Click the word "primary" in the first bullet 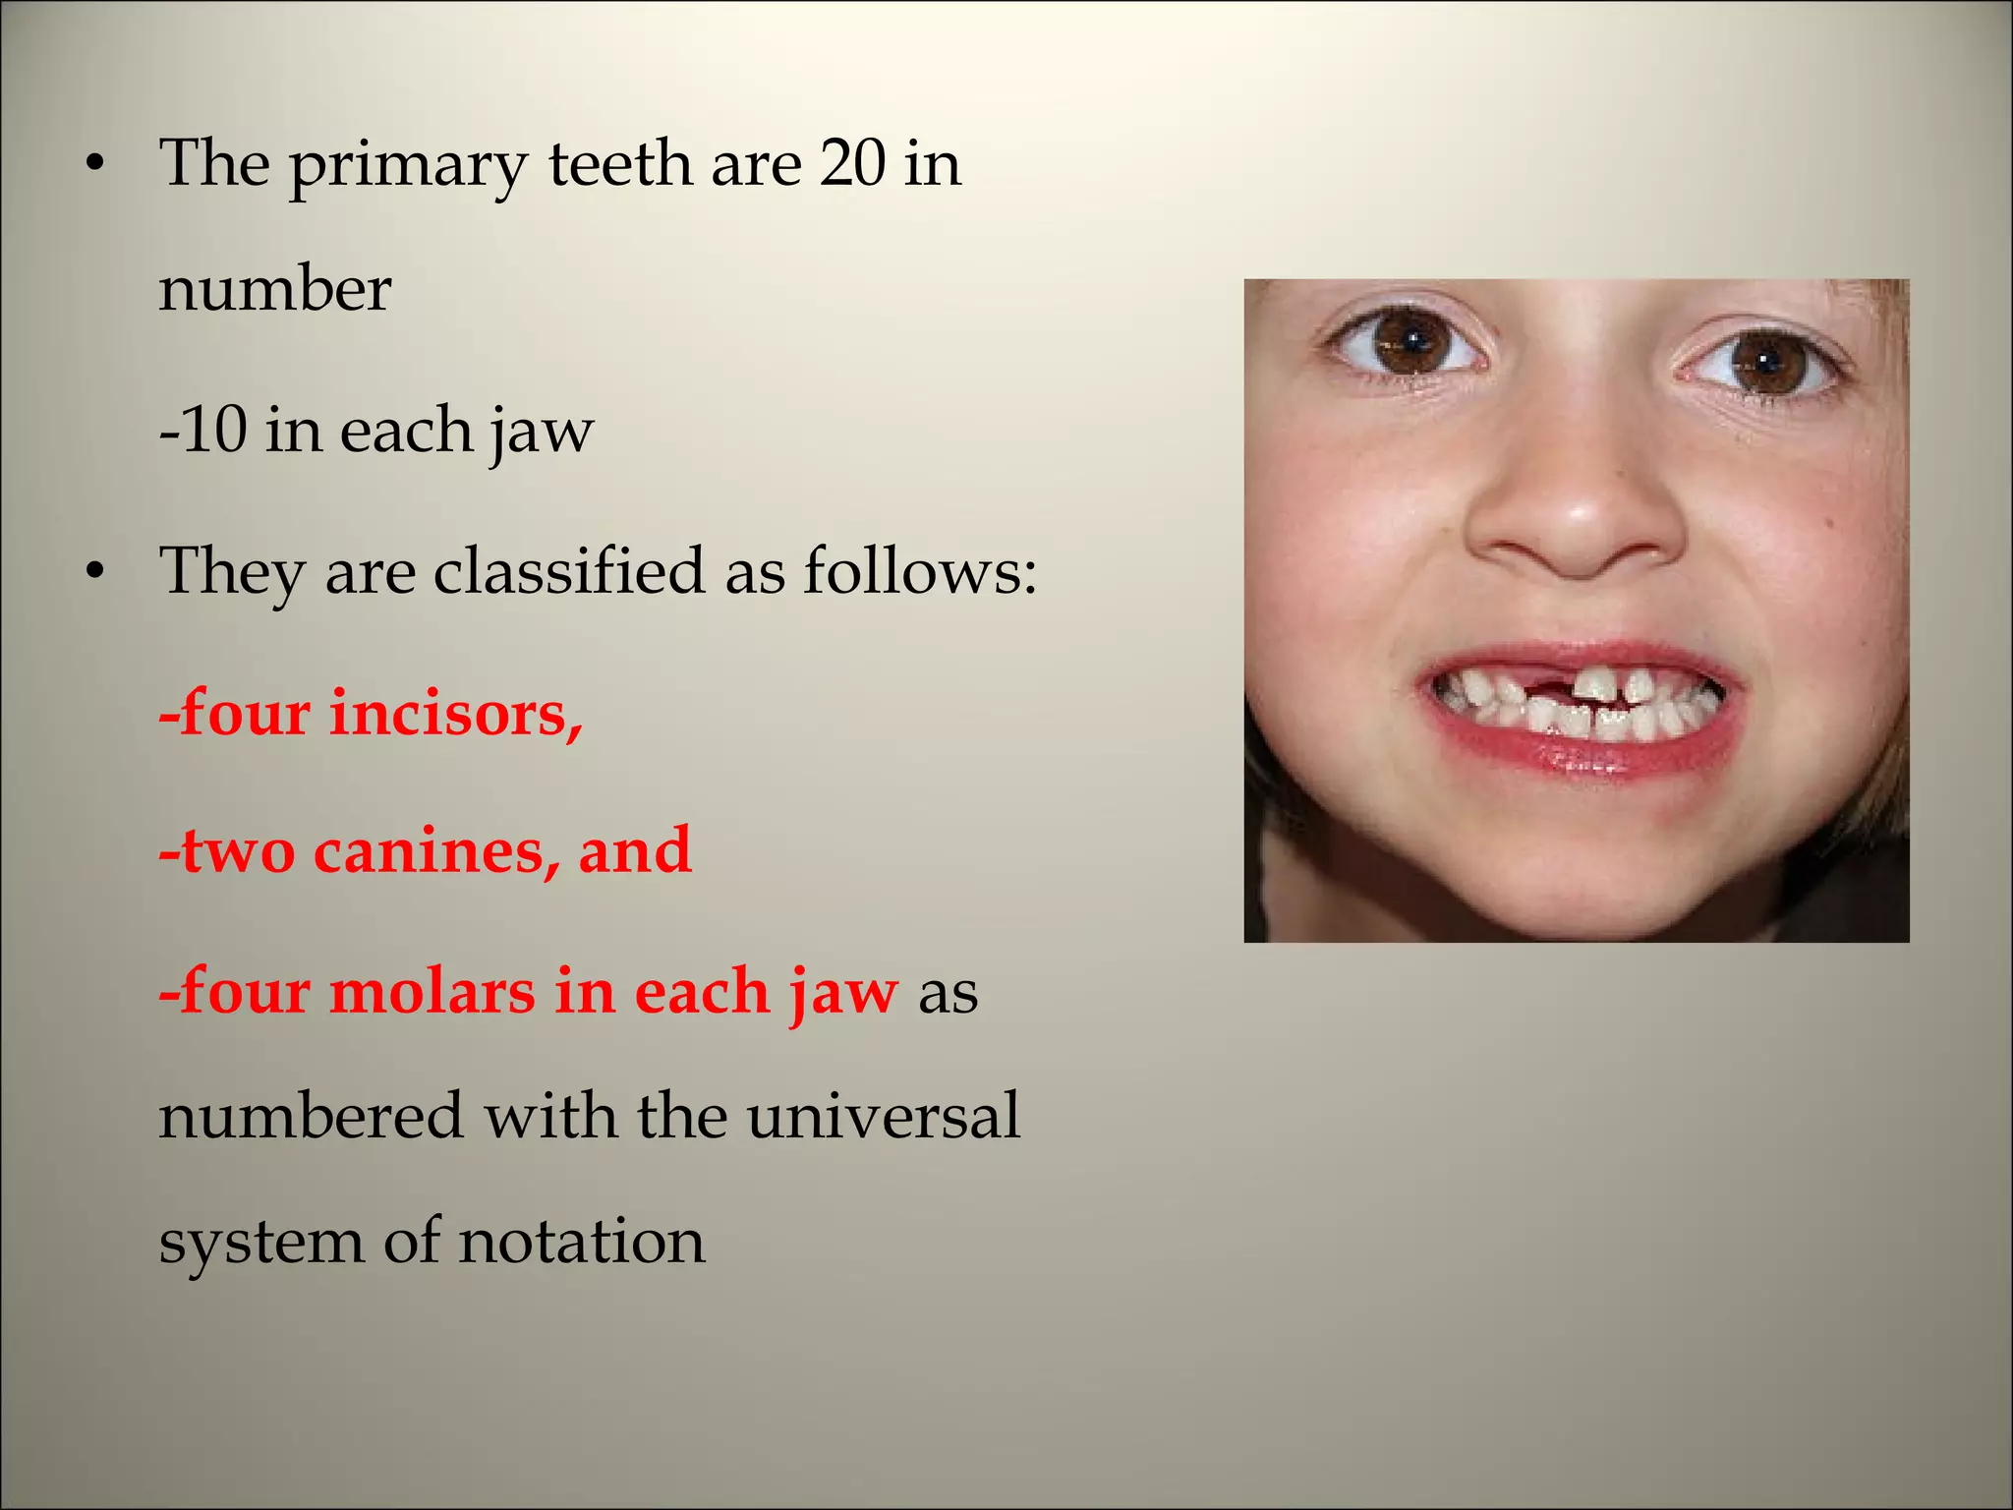407,166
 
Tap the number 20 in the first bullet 852,162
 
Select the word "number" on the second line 275,290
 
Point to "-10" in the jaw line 202,430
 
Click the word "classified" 569,571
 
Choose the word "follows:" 919,571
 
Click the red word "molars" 432,991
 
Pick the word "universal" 883,1116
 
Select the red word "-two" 227,851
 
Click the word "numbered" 311,1116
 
